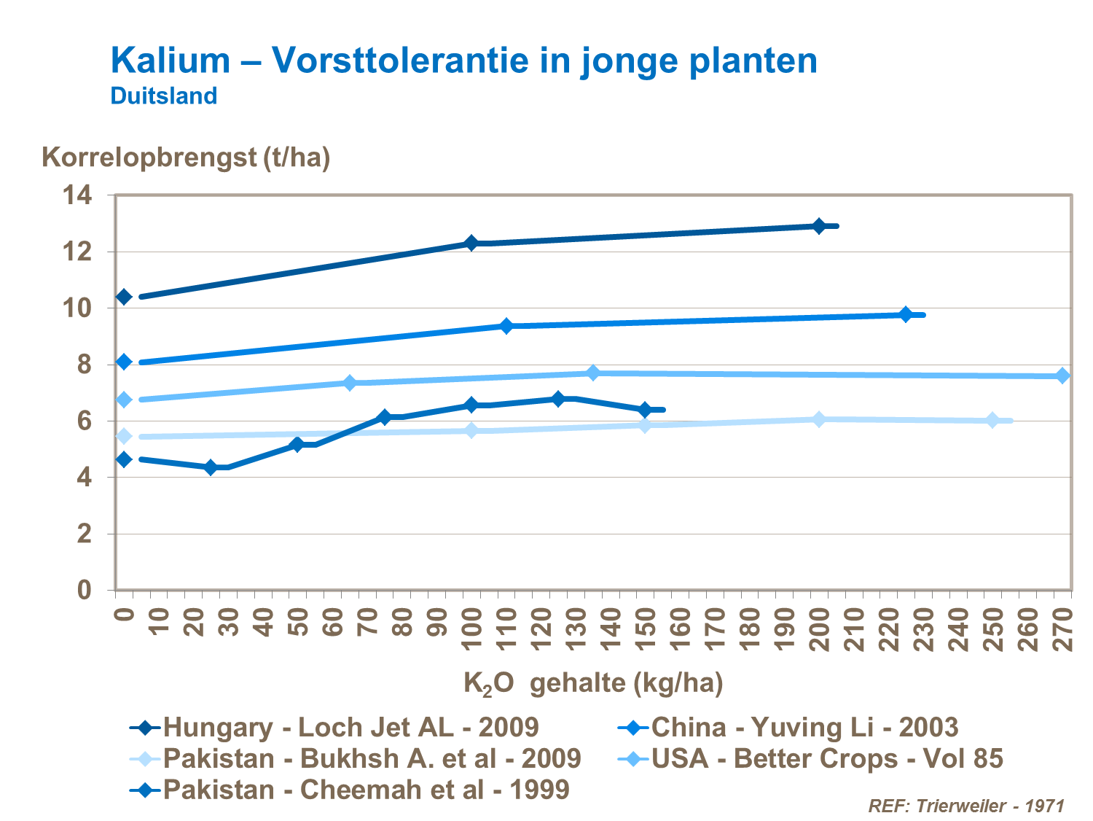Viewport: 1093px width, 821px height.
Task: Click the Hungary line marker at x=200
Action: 818,226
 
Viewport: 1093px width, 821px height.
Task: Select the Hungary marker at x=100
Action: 471,243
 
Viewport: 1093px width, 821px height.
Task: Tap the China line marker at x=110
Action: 506,326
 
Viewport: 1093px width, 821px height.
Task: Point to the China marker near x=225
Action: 906,314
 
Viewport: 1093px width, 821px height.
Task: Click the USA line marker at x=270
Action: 1062,376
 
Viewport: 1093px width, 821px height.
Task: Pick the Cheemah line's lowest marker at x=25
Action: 211,467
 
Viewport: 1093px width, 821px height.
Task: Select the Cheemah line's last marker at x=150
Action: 645,410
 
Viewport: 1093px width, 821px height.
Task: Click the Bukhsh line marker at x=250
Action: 992,420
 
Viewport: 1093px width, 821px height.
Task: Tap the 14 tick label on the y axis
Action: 77,195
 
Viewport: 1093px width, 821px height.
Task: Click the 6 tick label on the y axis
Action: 85,421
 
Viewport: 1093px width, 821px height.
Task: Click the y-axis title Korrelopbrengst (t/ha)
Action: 186,157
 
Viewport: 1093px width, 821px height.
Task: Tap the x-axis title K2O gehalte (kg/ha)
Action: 593,684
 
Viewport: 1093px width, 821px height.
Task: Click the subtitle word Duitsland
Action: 164,96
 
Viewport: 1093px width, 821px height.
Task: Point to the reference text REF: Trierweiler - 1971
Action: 966,806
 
